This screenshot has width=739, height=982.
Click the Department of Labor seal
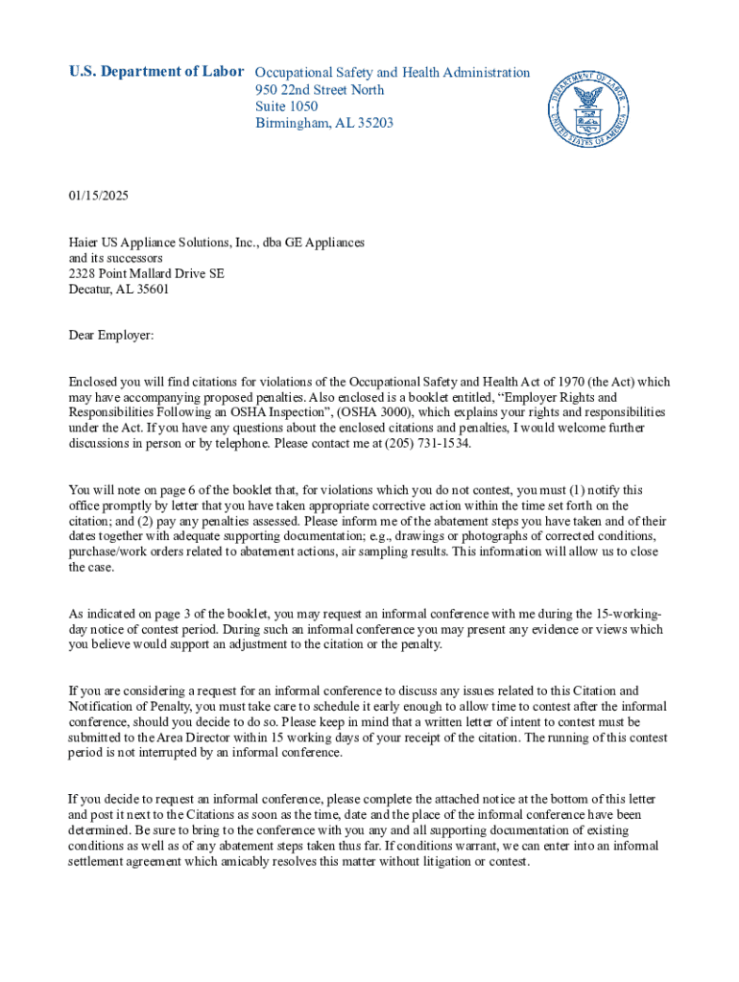[x=587, y=109]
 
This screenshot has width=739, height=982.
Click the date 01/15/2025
[x=98, y=196]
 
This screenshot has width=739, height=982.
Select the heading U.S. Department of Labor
[x=156, y=72]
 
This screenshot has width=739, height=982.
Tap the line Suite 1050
[x=286, y=106]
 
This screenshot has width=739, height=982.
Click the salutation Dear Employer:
[x=110, y=336]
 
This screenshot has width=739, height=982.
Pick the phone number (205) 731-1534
[x=428, y=444]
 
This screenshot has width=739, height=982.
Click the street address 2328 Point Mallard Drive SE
[x=146, y=274]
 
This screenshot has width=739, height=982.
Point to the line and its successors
[x=115, y=259]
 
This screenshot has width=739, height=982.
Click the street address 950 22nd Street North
[x=320, y=89]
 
